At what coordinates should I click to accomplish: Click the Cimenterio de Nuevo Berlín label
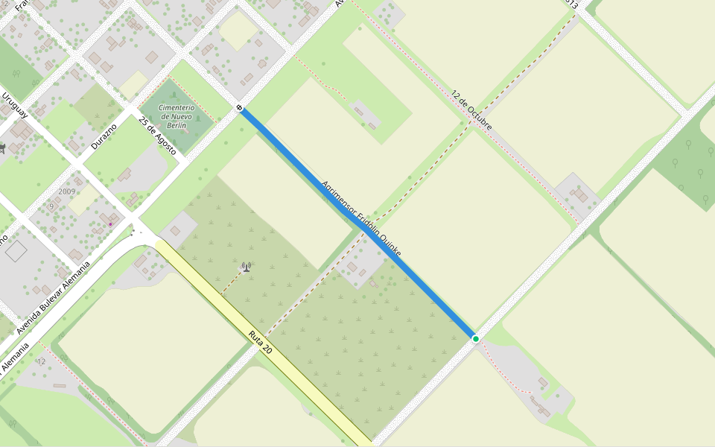[176, 117]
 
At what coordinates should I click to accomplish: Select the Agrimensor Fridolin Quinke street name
[361, 219]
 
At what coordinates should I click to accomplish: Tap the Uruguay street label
[14, 105]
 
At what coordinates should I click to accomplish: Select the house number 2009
[67, 191]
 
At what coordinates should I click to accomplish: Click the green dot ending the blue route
[476, 339]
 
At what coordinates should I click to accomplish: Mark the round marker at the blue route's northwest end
[239, 108]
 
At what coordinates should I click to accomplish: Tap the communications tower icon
[246, 266]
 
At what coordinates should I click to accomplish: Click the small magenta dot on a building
[110, 223]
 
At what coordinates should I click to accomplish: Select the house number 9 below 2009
[51, 206]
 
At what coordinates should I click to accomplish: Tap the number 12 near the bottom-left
[41, 361]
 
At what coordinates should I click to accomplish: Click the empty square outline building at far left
[16, 250]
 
